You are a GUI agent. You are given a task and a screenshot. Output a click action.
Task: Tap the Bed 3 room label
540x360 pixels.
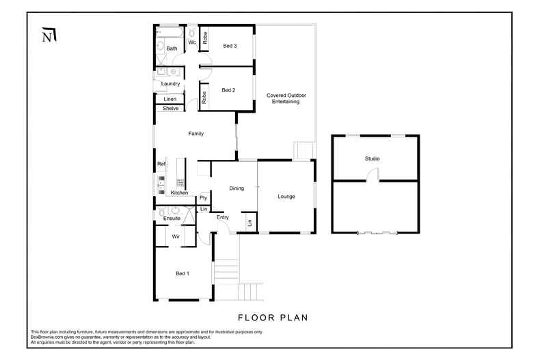point(230,46)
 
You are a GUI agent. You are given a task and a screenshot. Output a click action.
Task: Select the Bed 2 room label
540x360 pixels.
point(228,89)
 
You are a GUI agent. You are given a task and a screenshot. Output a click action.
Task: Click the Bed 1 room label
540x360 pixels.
point(183,273)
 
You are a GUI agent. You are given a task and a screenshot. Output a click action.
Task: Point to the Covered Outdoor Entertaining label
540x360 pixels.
point(282,98)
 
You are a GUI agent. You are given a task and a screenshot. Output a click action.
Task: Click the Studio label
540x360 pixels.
point(372,158)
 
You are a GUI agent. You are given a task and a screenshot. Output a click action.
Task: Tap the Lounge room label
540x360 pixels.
point(286,197)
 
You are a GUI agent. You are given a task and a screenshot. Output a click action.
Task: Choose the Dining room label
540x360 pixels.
point(237,189)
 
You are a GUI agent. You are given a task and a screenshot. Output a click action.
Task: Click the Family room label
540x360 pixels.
point(196,134)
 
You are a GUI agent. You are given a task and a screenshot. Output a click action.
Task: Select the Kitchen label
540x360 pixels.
point(179,193)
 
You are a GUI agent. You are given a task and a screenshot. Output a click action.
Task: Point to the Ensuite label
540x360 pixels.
point(172,218)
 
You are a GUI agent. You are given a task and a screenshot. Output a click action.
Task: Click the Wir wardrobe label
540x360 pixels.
point(176,236)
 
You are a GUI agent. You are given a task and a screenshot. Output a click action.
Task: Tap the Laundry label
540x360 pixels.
point(170,83)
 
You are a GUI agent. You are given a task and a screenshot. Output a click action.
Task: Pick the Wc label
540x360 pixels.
point(192,42)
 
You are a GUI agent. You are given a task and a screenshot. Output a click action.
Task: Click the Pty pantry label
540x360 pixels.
point(203,198)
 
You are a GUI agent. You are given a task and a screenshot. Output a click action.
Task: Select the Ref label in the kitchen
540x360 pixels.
point(161,164)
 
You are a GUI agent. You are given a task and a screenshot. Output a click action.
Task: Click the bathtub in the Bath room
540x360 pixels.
point(170,32)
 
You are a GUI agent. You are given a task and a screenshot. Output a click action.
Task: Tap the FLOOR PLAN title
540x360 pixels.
point(273,317)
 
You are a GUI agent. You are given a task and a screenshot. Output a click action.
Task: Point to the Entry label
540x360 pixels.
point(222,217)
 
